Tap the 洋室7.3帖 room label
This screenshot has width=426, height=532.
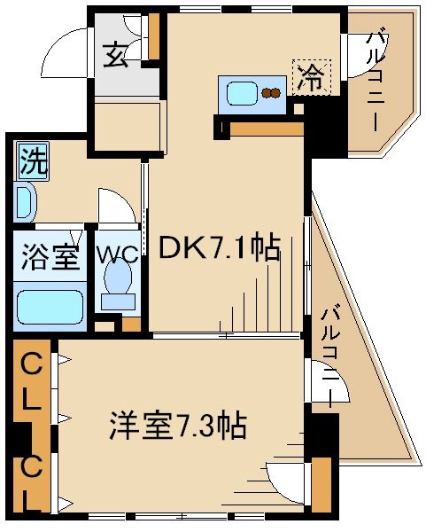coord(177,426)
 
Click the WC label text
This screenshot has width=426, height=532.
coord(117,254)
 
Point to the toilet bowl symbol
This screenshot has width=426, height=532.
coord(116,286)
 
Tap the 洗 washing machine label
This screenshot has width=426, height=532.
coord(33,160)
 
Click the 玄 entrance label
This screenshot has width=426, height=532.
coord(119,56)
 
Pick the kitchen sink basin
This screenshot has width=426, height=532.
coord(240,92)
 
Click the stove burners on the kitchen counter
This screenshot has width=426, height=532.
coord(270,92)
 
